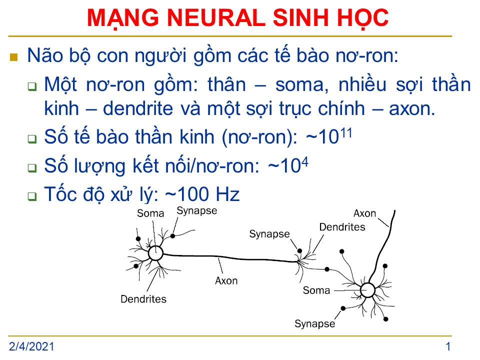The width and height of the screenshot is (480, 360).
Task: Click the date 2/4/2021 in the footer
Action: point(31,346)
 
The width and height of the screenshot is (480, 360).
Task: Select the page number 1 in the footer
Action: point(448,346)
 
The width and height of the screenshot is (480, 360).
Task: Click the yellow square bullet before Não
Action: point(14,57)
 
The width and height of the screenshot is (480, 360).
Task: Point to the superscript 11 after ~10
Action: point(345,133)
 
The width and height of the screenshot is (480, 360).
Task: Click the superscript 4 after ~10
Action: point(304,162)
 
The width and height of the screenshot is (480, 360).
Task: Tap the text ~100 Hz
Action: point(202,194)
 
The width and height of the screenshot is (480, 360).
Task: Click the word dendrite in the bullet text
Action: point(138,108)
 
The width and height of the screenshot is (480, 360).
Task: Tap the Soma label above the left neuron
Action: point(150,213)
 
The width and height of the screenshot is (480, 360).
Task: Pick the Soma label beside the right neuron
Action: point(316,290)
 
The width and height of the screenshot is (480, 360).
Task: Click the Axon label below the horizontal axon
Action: point(226,280)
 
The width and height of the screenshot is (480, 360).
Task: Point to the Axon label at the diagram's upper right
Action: point(364,213)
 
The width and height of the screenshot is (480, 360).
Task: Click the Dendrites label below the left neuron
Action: point(143,299)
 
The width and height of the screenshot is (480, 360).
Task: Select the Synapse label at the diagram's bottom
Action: point(314,324)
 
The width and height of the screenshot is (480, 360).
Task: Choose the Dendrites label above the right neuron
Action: point(342,227)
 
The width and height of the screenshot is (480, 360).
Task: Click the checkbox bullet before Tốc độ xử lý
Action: point(32,196)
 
